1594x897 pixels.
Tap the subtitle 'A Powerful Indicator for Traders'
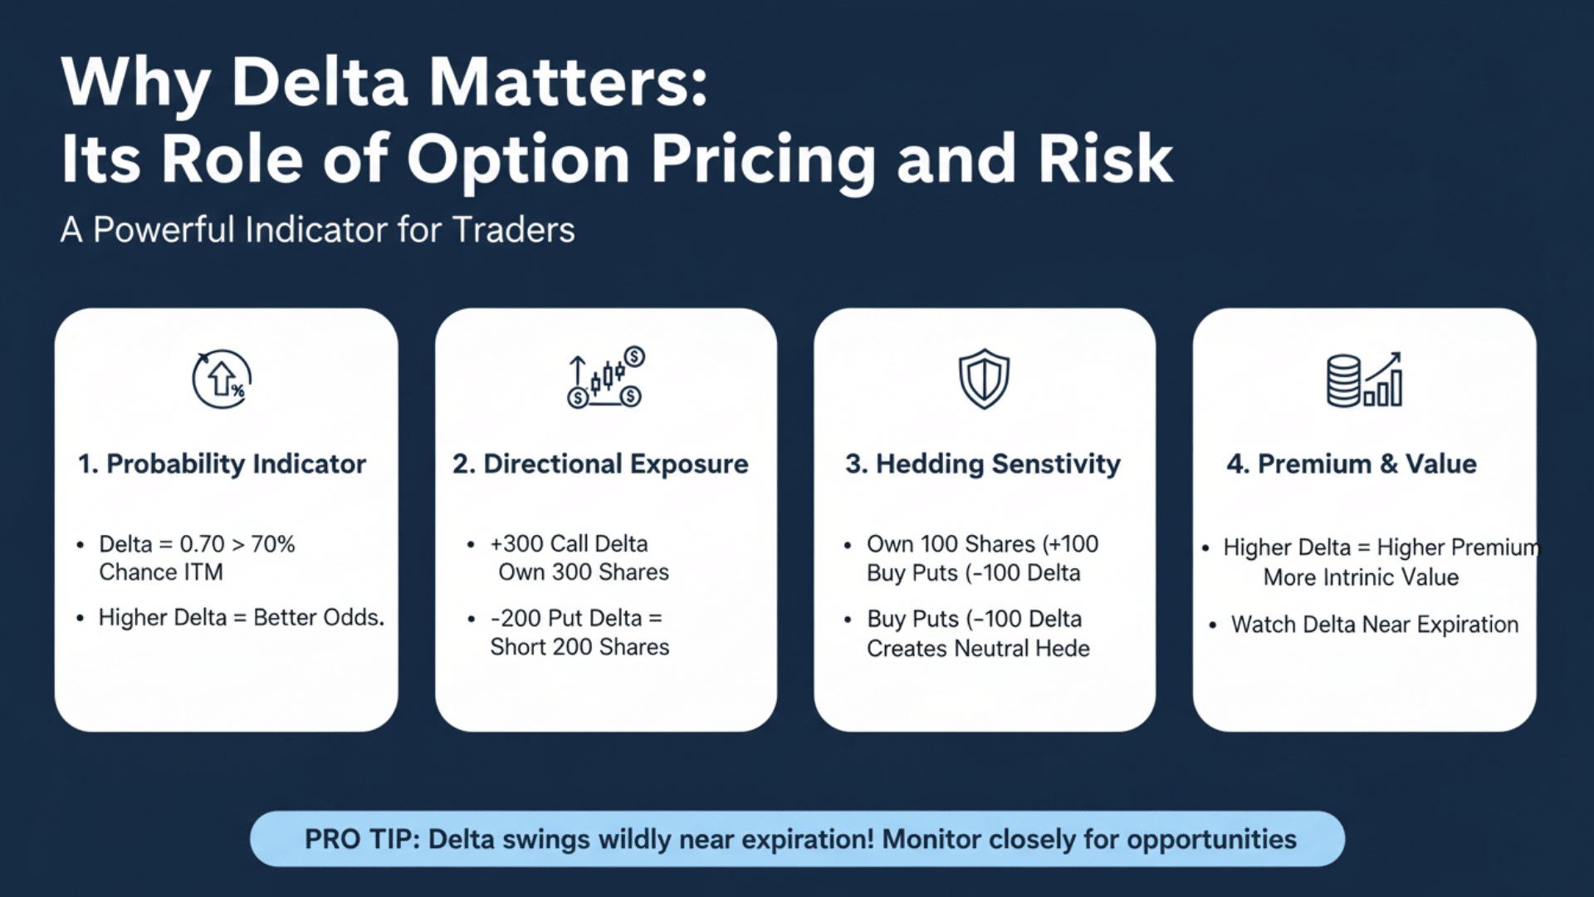(317, 230)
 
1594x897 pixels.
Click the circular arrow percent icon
(221, 380)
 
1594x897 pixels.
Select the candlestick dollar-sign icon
(605, 378)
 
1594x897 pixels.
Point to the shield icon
(984, 379)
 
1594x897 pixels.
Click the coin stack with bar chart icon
(1364, 380)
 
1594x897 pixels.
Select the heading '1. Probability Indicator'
(222, 463)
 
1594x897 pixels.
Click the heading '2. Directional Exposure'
(600, 463)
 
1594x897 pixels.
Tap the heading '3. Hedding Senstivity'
(983, 463)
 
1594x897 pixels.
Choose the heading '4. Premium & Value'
(1352, 463)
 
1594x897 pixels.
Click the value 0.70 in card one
(202, 544)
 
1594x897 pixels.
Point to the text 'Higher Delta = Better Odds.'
(241, 617)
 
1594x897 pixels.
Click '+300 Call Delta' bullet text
(569, 544)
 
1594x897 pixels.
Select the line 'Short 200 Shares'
(579, 647)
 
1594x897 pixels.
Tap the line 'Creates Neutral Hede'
(978, 649)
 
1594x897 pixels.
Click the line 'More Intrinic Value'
(1361, 577)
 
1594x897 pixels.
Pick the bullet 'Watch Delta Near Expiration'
(1374, 625)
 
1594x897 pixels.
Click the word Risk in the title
(1105, 159)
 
